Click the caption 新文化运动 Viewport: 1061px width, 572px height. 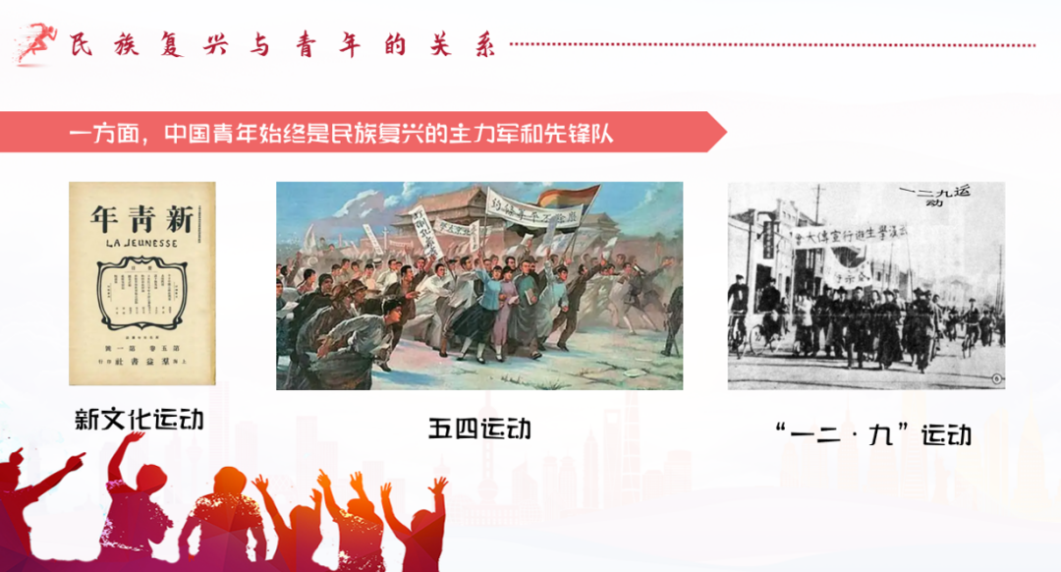140,420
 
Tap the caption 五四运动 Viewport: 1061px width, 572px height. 479,429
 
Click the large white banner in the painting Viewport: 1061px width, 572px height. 535,209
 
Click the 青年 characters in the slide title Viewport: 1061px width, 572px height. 320,45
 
